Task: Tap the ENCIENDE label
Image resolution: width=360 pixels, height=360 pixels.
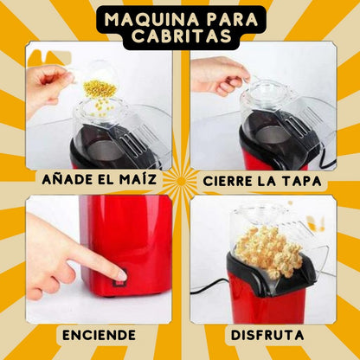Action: point(98,334)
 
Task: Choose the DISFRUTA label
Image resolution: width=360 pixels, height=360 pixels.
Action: point(266,334)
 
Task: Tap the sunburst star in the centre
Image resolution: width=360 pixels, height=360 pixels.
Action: point(180,181)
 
